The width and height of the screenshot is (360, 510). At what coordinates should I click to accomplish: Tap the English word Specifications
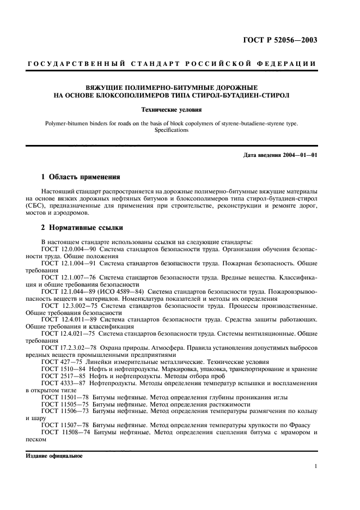[x=172, y=130]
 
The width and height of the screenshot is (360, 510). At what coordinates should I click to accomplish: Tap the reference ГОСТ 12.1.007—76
[x=66, y=277]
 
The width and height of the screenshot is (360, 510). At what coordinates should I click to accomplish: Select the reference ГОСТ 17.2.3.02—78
[x=68, y=348]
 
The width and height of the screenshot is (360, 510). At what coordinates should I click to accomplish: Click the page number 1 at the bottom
[x=316, y=466]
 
